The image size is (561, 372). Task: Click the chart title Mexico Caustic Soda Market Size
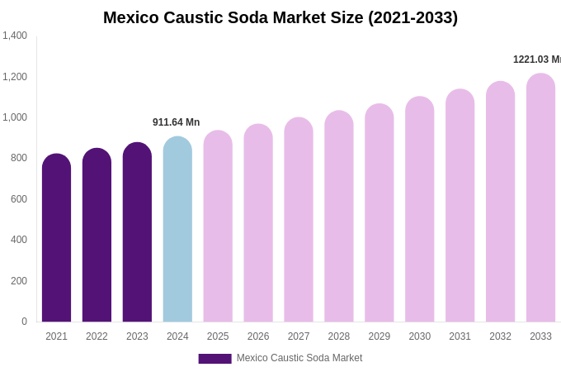pyautogui.click(x=280, y=17)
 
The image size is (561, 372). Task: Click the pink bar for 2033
pyautogui.click(x=540, y=198)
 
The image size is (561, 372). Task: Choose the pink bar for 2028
pyautogui.click(x=338, y=217)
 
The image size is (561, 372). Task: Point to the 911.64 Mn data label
pyautogui.click(x=176, y=122)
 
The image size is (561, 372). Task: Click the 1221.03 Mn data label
pyautogui.click(x=536, y=60)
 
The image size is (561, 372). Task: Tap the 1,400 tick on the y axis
pyautogui.click(x=15, y=36)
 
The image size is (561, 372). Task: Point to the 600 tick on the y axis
pyautogui.click(x=18, y=199)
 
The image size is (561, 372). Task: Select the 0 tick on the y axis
pyautogui.click(x=24, y=322)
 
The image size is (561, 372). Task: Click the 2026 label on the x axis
pyautogui.click(x=258, y=336)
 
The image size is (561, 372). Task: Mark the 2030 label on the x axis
pyautogui.click(x=419, y=336)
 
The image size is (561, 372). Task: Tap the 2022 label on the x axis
pyautogui.click(x=97, y=336)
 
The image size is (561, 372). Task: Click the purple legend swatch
pyautogui.click(x=214, y=359)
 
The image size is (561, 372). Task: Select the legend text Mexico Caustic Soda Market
pyautogui.click(x=299, y=358)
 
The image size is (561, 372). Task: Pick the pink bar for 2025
pyautogui.click(x=218, y=227)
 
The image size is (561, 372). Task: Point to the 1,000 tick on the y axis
pyautogui.click(x=15, y=117)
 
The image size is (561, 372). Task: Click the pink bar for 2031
pyautogui.click(x=460, y=206)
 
